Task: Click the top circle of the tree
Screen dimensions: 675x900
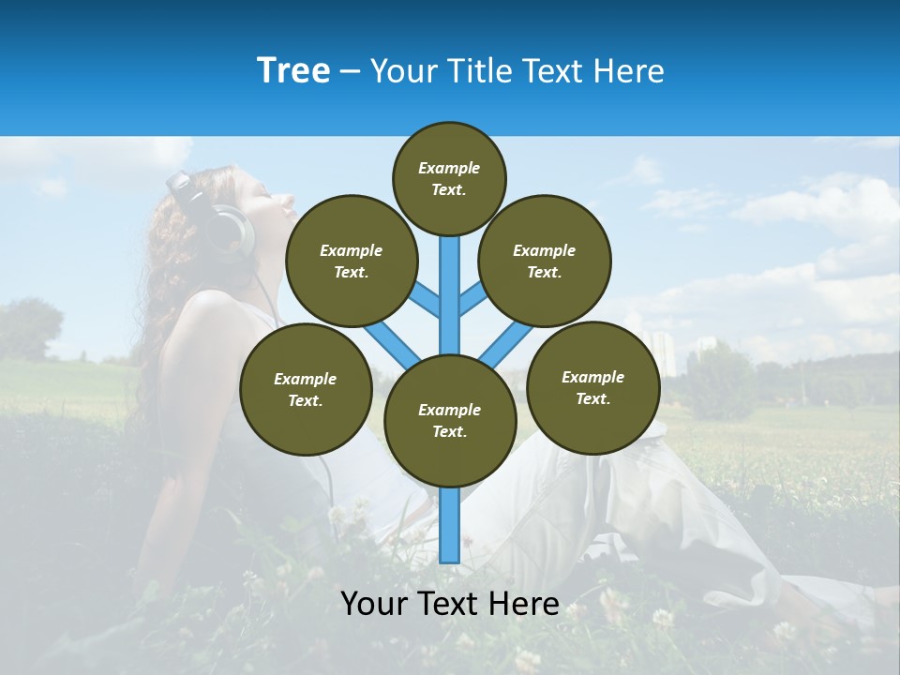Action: click(449, 178)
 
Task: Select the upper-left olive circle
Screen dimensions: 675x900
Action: click(352, 261)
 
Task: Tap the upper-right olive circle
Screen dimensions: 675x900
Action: click(545, 261)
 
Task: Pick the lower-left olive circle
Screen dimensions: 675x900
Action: click(306, 389)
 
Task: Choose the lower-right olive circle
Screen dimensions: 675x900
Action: click(593, 387)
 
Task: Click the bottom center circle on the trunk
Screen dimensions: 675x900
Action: click(450, 420)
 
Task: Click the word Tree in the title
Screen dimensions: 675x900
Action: click(293, 71)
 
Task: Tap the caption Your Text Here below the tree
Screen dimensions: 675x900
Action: click(450, 604)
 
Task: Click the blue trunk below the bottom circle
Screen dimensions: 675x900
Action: click(450, 525)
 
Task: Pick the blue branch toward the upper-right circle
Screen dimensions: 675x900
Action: click(473, 300)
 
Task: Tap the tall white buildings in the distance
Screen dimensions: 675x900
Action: click(664, 352)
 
